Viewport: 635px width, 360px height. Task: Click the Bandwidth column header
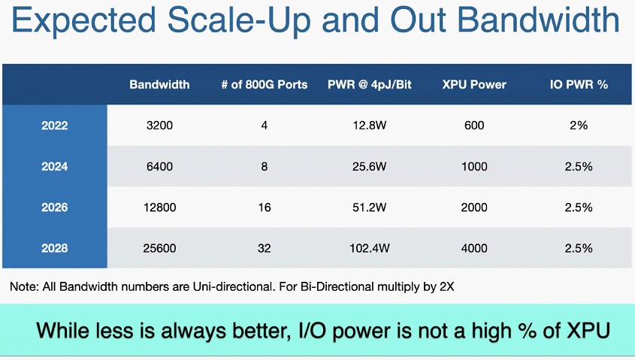[x=159, y=84]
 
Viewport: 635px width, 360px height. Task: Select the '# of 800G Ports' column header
[x=264, y=84]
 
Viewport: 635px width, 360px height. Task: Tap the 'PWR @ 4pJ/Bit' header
[x=369, y=84]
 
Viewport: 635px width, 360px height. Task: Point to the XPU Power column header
[x=474, y=84]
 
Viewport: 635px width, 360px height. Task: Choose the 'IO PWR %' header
[x=579, y=84]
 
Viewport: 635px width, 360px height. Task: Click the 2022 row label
[x=55, y=126]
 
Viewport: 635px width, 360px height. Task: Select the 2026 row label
[x=55, y=207]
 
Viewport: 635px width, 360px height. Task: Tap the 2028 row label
[x=55, y=248]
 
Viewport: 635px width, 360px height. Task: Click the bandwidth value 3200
[x=159, y=125]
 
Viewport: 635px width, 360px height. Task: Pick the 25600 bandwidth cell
[x=159, y=248]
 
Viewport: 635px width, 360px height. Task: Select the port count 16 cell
[x=265, y=207]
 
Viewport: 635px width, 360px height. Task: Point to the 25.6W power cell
[x=369, y=166]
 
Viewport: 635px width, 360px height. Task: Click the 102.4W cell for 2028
[x=369, y=248]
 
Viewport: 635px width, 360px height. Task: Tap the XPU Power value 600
[x=474, y=125]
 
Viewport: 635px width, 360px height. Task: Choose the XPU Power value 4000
[x=474, y=248]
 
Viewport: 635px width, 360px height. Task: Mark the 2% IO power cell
[x=579, y=125]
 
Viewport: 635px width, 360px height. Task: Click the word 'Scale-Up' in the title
[x=239, y=20]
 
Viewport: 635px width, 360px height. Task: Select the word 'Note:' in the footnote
[x=24, y=286]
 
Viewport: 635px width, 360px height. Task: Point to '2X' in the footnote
[x=446, y=286]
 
